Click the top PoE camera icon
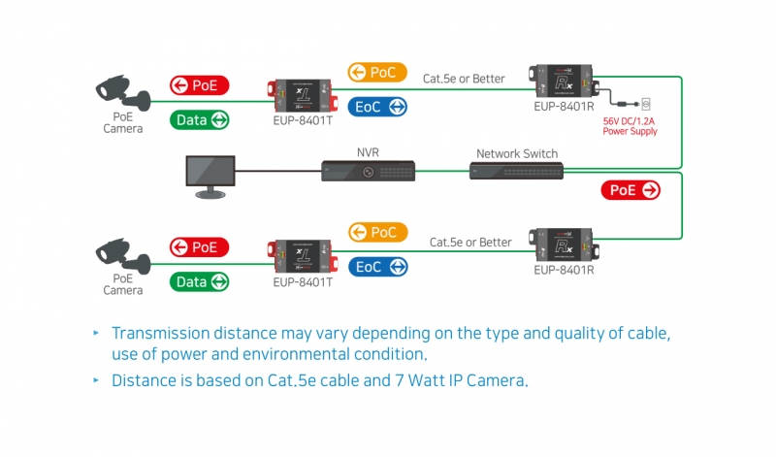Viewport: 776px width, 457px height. pyautogui.click(x=123, y=92)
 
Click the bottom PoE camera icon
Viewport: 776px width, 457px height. pyautogui.click(x=123, y=255)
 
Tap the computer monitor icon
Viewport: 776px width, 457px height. pyautogui.click(x=210, y=177)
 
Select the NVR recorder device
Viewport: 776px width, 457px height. pyautogui.click(x=369, y=171)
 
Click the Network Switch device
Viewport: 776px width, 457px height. pyautogui.click(x=516, y=171)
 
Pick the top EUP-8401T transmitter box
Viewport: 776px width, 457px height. pyautogui.click(x=303, y=95)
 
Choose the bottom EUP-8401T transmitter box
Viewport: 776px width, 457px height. pyautogui.click(x=303, y=256)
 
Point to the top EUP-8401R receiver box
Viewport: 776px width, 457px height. pyautogui.click(x=564, y=81)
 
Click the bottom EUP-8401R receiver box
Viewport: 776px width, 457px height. pyautogui.click(x=564, y=245)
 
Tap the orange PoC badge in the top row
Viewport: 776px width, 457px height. pyautogui.click(x=377, y=73)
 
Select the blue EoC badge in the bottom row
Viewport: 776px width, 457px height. pyautogui.click(x=378, y=267)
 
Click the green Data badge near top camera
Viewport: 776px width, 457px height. pyautogui.click(x=200, y=119)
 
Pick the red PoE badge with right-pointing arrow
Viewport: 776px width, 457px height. pyautogui.click(x=630, y=190)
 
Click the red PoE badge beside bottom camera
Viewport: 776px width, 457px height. pyautogui.click(x=199, y=247)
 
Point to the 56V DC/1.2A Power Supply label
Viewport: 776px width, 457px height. pyautogui.click(x=630, y=126)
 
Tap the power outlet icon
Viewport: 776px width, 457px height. pyautogui.click(x=645, y=104)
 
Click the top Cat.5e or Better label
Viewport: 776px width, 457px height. pyautogui.click(x=464, y=79)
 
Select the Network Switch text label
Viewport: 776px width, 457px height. pyautogui.click(x=517, y=153)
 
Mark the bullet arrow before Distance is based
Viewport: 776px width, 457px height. pyautogui.click(x=96, y=380)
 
